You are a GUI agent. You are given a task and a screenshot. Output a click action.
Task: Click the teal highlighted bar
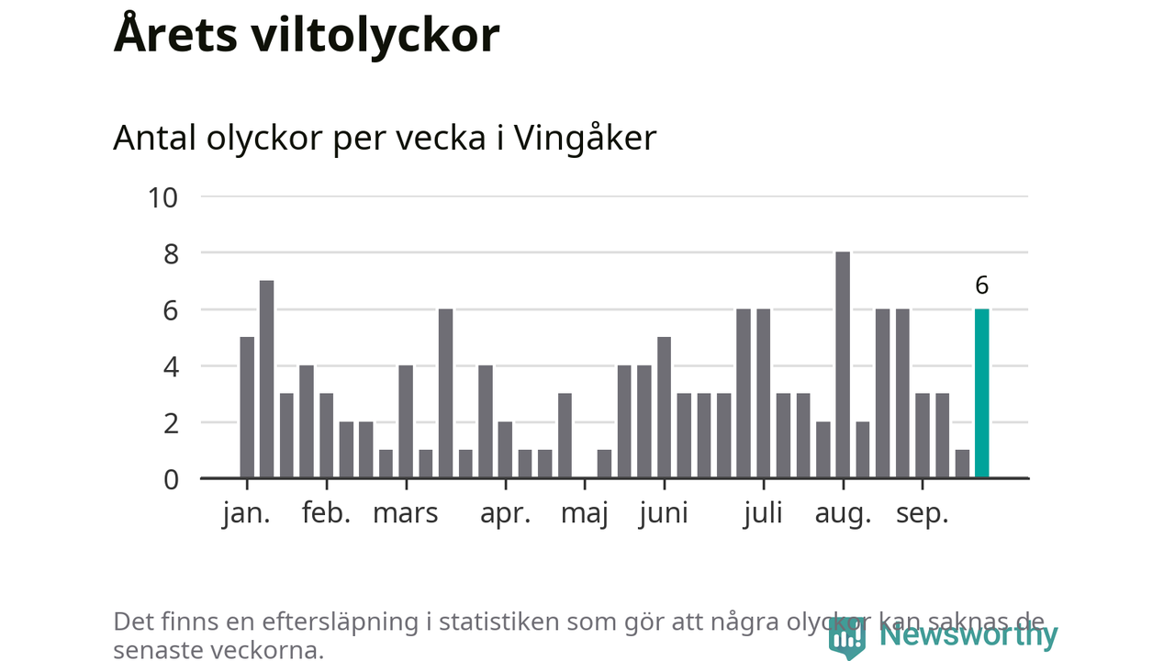pos(981,394)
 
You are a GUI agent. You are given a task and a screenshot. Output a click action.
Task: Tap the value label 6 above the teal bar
pos(981,286)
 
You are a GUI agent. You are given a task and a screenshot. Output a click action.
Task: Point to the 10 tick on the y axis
pos(162,196)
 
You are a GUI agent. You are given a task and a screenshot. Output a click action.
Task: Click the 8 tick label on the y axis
pos(170,253)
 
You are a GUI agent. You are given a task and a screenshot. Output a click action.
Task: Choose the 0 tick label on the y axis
pos(170,479)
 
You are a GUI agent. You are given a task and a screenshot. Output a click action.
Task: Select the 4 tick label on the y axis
pos(170,366)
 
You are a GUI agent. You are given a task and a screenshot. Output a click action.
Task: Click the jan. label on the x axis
pos(246,513)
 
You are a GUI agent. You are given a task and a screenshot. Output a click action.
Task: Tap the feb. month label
pos(327,513)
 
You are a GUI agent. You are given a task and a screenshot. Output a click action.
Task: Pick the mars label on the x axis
pos(405,513)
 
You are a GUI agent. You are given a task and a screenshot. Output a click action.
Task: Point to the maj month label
pos(585,513)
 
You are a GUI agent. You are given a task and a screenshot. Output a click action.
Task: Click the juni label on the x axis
pos(664,513)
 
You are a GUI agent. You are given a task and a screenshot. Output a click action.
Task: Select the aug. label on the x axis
pos(843,513)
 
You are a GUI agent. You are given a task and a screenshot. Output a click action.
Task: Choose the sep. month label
pos(922,513)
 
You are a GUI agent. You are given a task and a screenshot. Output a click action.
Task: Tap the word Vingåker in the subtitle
pos(585,138)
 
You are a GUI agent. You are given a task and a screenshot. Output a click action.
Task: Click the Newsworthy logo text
pos(968,634)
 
